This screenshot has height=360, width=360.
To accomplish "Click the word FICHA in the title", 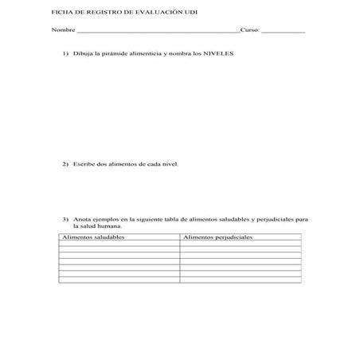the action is [x=61, y=14].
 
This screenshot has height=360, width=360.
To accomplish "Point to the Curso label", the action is [x=250, y=32].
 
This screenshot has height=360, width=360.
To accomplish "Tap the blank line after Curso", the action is [x=283, y=33].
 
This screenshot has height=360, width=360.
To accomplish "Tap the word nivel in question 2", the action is [x=170, y=165].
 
